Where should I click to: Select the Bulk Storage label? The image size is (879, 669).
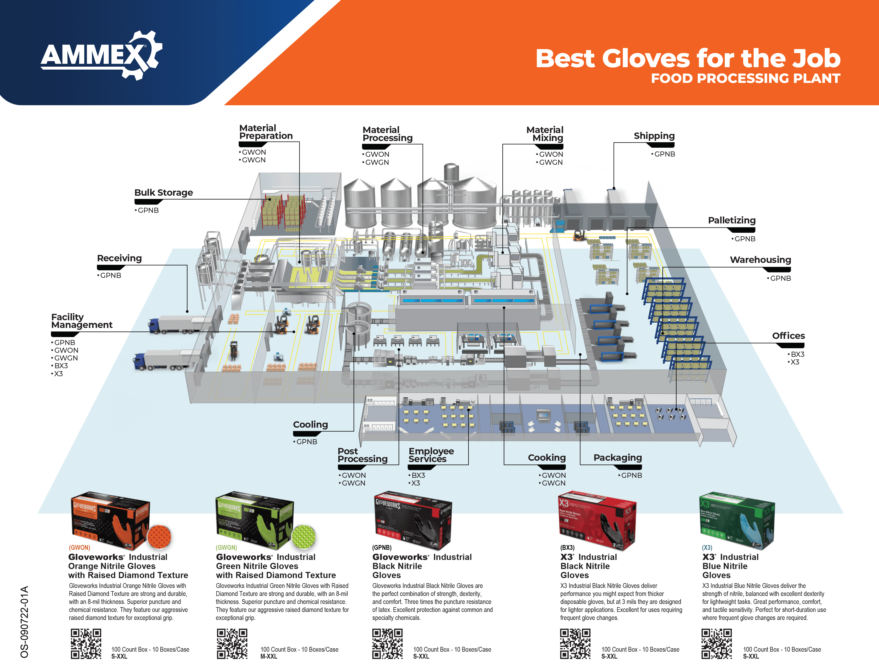[164, 193]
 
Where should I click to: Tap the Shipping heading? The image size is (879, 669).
[654, 136]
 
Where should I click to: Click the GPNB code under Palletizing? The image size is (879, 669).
[744, 239]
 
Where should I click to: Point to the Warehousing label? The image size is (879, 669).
[760, 260]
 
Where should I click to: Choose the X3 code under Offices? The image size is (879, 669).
[794, 362]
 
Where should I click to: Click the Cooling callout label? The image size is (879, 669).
[310, 424]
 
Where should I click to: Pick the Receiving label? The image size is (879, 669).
[119, 258]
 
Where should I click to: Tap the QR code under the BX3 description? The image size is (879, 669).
[575, 643]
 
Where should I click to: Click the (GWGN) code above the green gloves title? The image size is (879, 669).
[226, 547]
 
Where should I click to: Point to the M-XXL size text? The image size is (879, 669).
[269, 656]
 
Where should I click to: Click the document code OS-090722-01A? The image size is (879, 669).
[25, 621]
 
